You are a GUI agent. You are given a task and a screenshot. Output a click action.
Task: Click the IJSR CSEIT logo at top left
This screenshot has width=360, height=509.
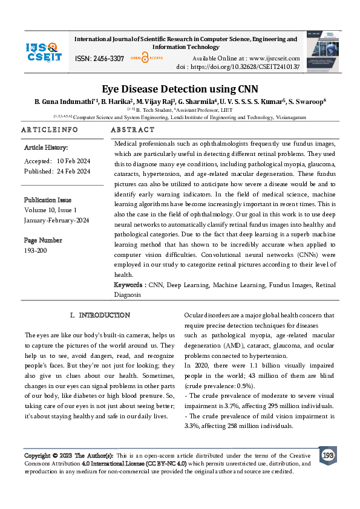(41, 51)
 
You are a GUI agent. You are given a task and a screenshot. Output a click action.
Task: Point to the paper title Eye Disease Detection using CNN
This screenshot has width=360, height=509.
(180, 88)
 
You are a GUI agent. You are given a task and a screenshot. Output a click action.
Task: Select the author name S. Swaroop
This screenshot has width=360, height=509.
(307, 101)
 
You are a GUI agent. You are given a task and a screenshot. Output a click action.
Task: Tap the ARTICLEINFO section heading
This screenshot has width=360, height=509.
(50, 130)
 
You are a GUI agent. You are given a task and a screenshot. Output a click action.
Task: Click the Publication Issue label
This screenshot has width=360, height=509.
(48, 199)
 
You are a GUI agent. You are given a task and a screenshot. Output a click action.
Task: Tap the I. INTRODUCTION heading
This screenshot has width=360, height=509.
(100, 315)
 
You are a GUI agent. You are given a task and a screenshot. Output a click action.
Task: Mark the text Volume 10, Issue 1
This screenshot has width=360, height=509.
(50, 210)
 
